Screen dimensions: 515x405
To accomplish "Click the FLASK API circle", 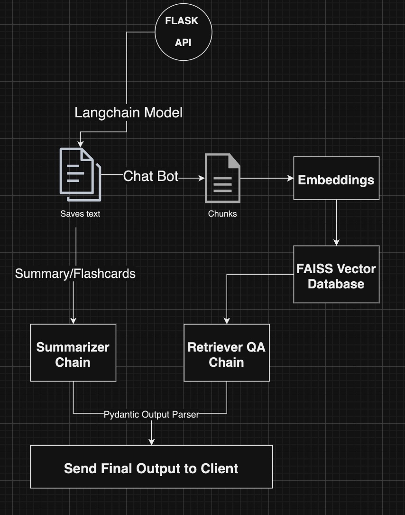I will [183, 32].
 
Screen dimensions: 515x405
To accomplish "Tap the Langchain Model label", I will [129, 113].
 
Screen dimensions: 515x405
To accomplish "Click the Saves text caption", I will [80, 214].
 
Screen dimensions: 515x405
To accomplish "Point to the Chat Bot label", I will [151, 176].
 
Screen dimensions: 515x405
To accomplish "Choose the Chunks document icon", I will [222, 178].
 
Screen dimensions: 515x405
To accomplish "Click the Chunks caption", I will [222, 214].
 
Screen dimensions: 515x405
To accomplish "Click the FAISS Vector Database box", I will [336, 274].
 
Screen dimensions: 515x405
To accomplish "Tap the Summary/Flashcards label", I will [75, 274].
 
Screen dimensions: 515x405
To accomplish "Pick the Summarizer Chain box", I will [73, 353].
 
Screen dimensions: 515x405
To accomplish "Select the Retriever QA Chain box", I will [227, 353].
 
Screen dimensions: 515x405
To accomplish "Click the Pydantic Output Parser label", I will [151, 414].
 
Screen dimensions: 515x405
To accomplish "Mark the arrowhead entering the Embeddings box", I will [291, 178].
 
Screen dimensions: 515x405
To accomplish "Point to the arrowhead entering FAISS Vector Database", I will [336, 242].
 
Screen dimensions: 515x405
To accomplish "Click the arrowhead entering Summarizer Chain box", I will [73, 321].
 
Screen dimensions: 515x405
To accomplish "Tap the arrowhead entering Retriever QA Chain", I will [227, 321].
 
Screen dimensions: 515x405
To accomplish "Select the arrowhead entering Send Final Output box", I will [151, 442].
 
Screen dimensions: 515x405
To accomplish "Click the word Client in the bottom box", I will [219, 468].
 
